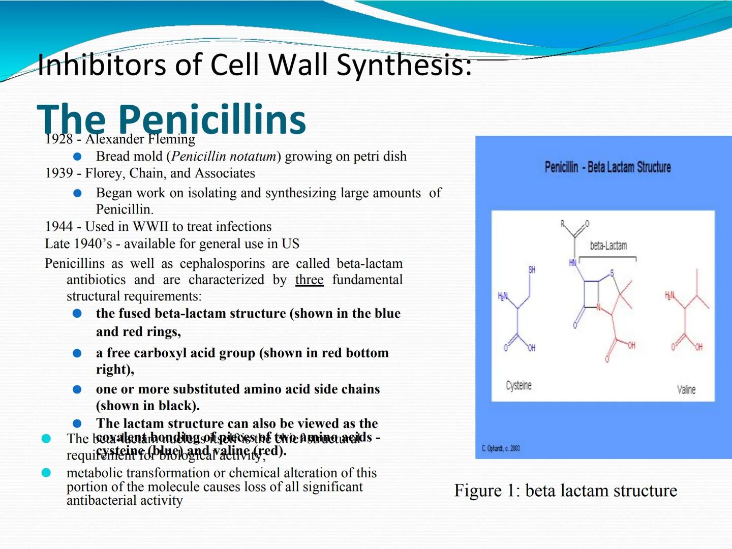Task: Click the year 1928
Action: coord(59,139)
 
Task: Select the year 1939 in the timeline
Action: coord(59,173)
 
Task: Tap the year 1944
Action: coord(59,227)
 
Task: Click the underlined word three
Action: coord(309,280)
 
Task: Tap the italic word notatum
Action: coord(250,157)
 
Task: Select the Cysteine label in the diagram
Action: coord(518,386)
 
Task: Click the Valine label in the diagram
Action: coord(686,390)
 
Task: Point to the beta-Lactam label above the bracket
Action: coord(608,246)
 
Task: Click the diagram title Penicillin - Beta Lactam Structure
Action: coord(607,167)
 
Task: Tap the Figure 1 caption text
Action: coord(565,491)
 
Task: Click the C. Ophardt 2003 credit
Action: coord(501,448)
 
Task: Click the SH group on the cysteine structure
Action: coord(532,269)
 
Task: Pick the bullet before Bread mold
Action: coord(77,157)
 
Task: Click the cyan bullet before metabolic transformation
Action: coord(46,473)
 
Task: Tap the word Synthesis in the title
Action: coord(404,65)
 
